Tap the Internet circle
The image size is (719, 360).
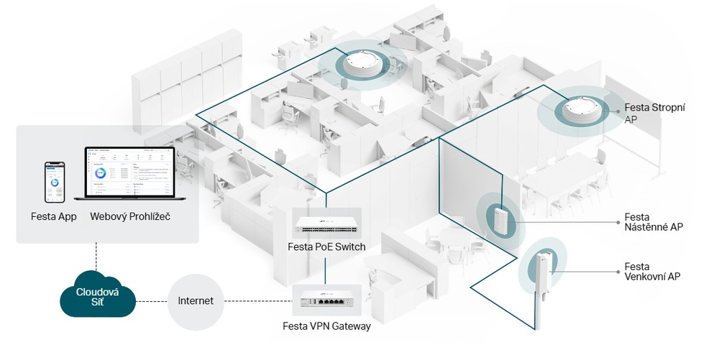pos(195,300)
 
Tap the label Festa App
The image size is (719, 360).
pos(54,216)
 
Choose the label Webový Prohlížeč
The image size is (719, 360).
pos(131,216)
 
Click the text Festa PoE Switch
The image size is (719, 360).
pos(326,247)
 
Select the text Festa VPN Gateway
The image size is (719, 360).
pos(326,326)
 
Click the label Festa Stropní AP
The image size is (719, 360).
pos(654,114)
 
